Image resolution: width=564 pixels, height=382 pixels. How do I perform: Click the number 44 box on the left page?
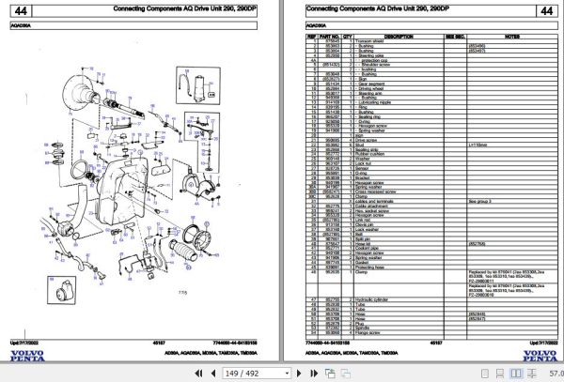(x=22, y=9)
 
